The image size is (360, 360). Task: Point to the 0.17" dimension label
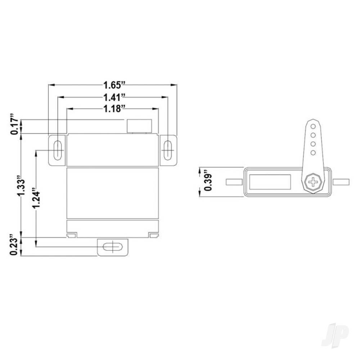[x=15, y=125]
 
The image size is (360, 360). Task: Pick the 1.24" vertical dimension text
[x=36, y=198]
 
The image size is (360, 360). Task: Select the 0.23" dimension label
[x=15, y=246]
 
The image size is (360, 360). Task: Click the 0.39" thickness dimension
[x=207, y=182]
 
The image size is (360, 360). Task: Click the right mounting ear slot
[x=168, y=150]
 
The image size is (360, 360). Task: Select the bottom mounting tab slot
[x=112, y=247]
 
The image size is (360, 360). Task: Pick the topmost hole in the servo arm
[x=313, y=126]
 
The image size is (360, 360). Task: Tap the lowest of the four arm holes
[x=313, y=153]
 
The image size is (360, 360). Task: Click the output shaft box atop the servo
[x=139, y=126]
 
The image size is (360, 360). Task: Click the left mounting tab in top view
[x=235, y=182]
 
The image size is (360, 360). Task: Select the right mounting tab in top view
[x=341, y=182]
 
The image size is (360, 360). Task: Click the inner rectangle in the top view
[x=270, y=182]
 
